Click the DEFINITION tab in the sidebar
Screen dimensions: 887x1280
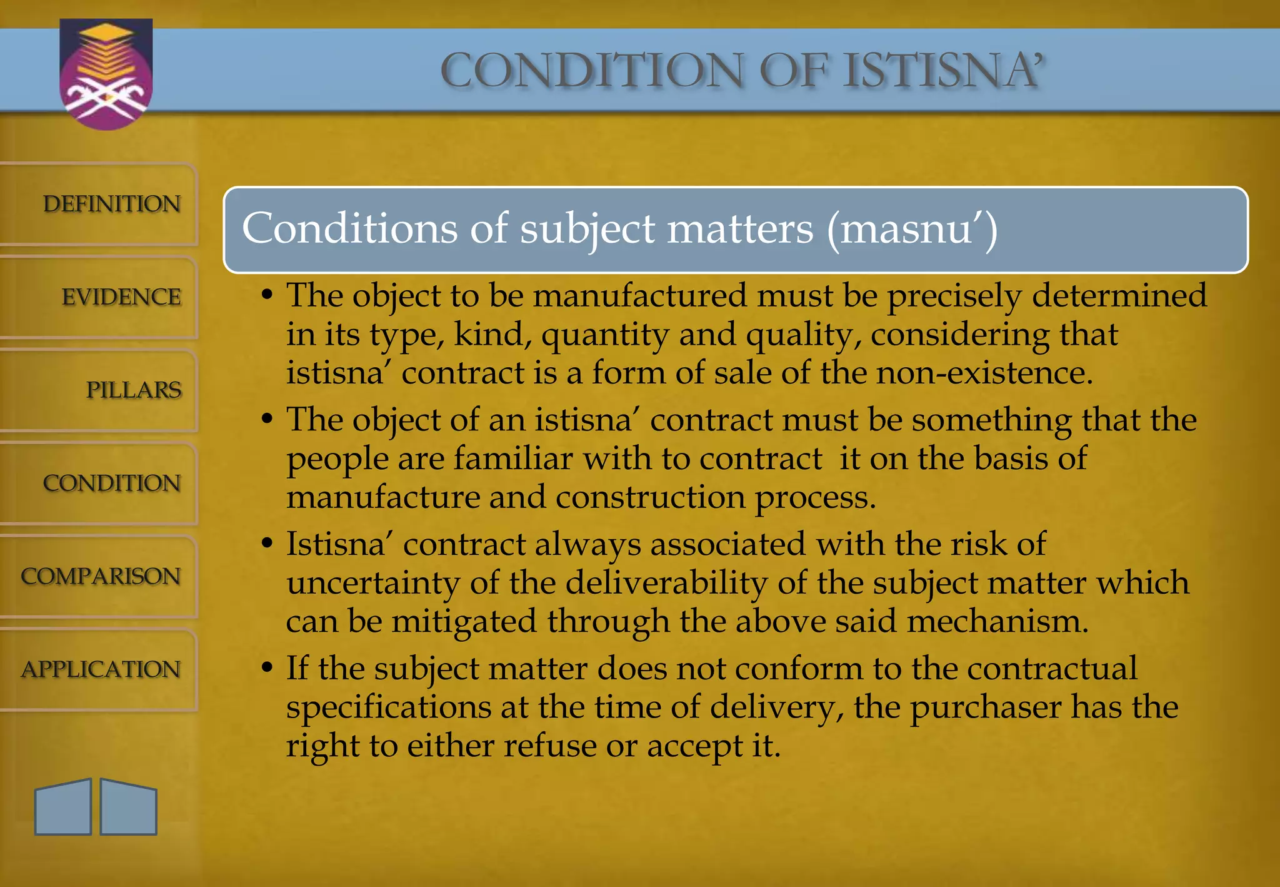coord(111,204)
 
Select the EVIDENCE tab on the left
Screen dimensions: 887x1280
coord(121,297)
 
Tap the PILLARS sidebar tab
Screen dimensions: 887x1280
coord(133,390)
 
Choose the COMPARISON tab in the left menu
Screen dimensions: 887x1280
coord(101,576)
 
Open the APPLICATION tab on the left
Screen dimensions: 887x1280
coord(101,669)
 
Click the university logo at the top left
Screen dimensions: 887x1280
coord(106,74)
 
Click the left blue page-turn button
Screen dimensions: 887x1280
coord(63,807)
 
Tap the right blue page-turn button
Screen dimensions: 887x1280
coord(128,807)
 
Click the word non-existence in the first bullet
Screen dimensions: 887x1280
coord(984,373)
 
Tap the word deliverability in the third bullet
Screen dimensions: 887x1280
coord(666,583)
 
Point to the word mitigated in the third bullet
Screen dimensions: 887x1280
coord(464,622)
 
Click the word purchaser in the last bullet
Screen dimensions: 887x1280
coord(985,708)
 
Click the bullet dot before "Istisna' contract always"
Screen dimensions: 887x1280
coord(267,544)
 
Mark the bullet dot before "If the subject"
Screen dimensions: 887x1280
coord(267,668)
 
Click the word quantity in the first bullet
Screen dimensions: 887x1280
coord(605,335)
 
